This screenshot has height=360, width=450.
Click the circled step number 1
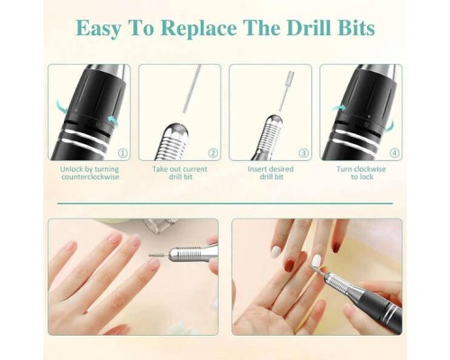tap(122, 153)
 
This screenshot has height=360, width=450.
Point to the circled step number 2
tap(213, 153)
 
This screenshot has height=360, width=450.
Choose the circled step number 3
tap(303, 153)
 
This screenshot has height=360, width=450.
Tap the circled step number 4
tap(394, 153)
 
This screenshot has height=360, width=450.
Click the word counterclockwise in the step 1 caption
tap(90, 177)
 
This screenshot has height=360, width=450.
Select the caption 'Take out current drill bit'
tap(180, 173)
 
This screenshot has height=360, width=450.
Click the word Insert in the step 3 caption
tap(256, 169)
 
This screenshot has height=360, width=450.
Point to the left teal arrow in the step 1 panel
tap(61, 107)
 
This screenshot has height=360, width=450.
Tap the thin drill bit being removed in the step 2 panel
tap(192, 89)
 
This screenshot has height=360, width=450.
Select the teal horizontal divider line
tap(225, 203)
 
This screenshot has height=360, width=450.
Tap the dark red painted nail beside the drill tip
tap(290, 265)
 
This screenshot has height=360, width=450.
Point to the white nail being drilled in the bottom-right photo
tap(316, 260)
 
